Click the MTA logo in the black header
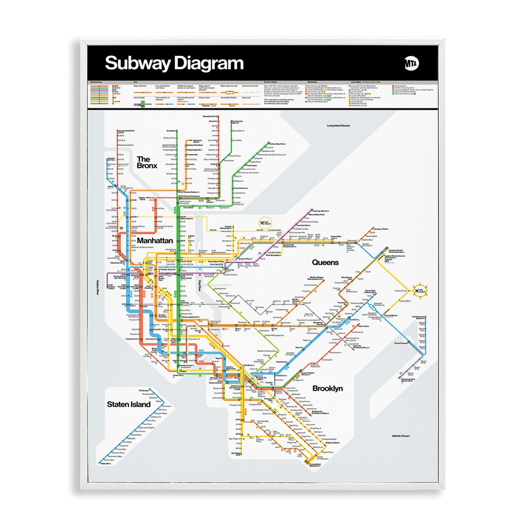pyautogui.click(x=411, y=64)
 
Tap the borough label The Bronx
pyautogui.click(x=146, y=163)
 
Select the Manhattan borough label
pyautogui.click(x=155, y=240)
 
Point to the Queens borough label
pyautogui.click(x=325, y=262)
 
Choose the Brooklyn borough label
pyautogui.click(x=328, y=388)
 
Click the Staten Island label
pyautogui.click(x=129, y=404)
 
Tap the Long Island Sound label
pyautogui.click(x=338, y=125)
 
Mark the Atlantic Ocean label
pyautogui.click(x=401, y=436)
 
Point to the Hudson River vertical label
pyautogui.click(x=98, y=288)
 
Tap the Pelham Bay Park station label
pyautogui.click(x=277, y=144)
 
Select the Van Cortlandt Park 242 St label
pyautogui.click(x=126, y=131)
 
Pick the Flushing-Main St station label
pyautogui.click(x=321, y=211)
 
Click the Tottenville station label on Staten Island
pyautogui.click(x=105, y=464)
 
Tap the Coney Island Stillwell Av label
pyautogui.click(x=315, y=465)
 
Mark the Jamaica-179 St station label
pyautogui.click(x=380, y=229)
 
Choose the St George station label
pyautogui.click(x=144, y=390)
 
